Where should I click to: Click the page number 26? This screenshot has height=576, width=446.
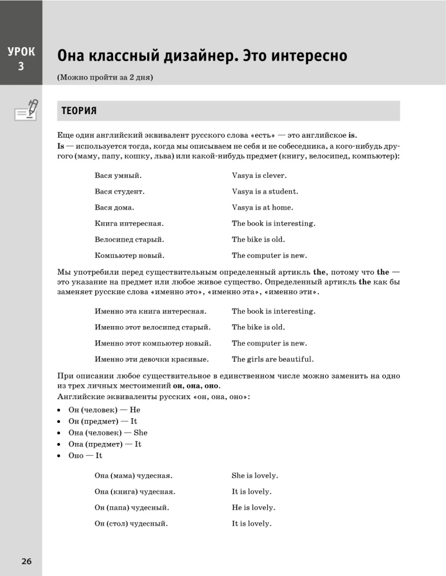pos(27,562)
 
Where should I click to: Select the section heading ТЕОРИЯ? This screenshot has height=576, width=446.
pos(79,111)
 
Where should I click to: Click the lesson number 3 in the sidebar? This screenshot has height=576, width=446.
pos(21,66)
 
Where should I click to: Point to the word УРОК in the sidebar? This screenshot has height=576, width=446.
pos(21,52)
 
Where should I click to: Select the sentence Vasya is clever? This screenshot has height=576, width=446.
pos(259,176)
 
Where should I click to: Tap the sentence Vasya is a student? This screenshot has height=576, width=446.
pos(265,192)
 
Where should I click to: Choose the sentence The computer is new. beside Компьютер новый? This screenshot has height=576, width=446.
pos(269,255)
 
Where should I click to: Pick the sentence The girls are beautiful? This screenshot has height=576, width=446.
pos(272,359)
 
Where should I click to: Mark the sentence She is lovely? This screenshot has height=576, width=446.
pos(255,476)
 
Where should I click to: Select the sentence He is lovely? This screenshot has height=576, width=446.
pos(253,507)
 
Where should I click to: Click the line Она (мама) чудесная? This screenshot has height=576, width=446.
pos(133,476)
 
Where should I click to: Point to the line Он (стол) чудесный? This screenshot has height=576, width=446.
pos(131,524)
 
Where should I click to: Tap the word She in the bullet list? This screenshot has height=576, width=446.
pos(140,433)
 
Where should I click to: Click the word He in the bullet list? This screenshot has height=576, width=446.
pos(135,410)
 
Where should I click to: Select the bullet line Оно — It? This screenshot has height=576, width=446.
pos(85,456)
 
